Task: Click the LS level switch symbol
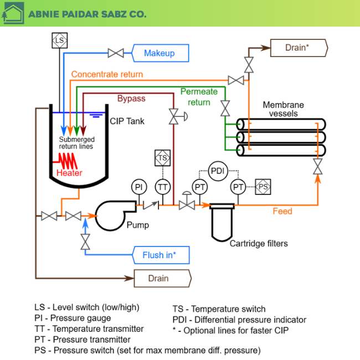pyautogui.click(x=59, y=40)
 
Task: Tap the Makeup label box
pyautogui.click(x=160, y=53)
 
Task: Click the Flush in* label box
pyautogui.click(x=161, y=255)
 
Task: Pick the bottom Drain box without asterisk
pyautogui.click(x=162, y=278)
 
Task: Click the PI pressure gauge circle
pyautogui.click(x=139, y=188)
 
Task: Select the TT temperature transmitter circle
pyautogui.click(x=162, y=188)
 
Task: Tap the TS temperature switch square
pyautogui.click(x=162, y=158)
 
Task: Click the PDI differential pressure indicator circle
pyautogui.click(x=218, y=170)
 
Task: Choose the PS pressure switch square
pyautogui.click(x=263, y=187)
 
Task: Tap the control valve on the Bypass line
pyautogui.click(x=174, y=116)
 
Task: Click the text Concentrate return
pyautogui.click(x=107, y=74)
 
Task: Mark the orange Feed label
pyautogui.click(x=282, y=211)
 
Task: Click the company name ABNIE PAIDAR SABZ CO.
pyautogui.click(x=87, y=14)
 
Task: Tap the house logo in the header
pyautogui.click(x=13, y=13)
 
